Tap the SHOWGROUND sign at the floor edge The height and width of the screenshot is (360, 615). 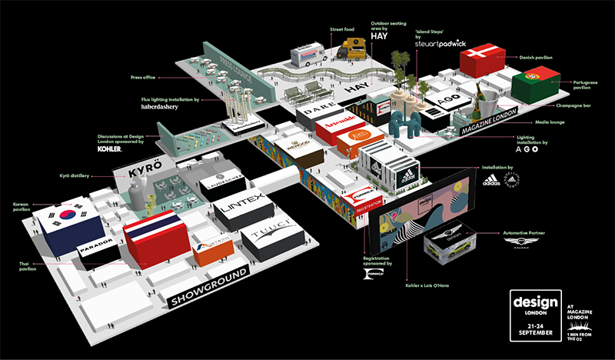point(207,291)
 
